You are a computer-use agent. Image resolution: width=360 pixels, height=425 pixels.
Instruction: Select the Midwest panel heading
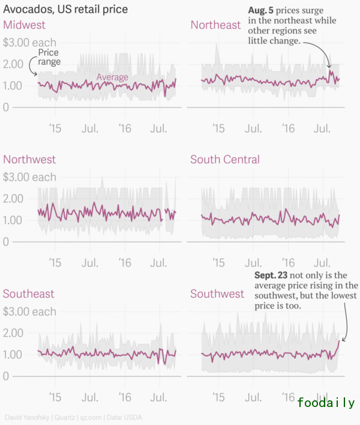(x=25, y=25)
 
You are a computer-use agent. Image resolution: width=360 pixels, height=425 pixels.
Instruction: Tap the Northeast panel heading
(x=215, y=25)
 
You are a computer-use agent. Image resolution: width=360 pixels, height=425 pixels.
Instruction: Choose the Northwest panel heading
(x=29, y=160)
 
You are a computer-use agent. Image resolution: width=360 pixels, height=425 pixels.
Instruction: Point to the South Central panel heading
(x=225, y=160)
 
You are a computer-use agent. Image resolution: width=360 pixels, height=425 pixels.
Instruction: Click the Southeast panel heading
(x=29, y=294)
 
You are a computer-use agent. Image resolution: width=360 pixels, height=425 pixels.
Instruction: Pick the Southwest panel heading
(x=217, y=294)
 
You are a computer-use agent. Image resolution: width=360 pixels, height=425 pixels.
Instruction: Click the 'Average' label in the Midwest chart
(x=113, y=77)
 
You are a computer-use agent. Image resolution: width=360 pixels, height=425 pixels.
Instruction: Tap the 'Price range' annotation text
(x=49, y=57)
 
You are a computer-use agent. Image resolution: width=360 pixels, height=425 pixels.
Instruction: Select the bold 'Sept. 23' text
(x=271, y=275)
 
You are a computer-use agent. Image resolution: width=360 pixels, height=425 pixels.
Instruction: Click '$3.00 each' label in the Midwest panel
(x=30, y=43)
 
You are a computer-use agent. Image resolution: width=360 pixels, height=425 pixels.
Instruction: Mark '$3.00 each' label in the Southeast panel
(x=30, y=312)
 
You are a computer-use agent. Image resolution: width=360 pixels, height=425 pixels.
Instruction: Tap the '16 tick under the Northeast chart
(x=289, y=128)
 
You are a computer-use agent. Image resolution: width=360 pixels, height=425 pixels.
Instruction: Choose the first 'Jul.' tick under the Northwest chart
(x=90, y=263)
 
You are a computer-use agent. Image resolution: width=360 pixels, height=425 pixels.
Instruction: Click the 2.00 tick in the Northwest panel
(x=13, y=199)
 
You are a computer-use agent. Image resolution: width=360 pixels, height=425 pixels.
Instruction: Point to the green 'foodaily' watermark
(x=326, y=403)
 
